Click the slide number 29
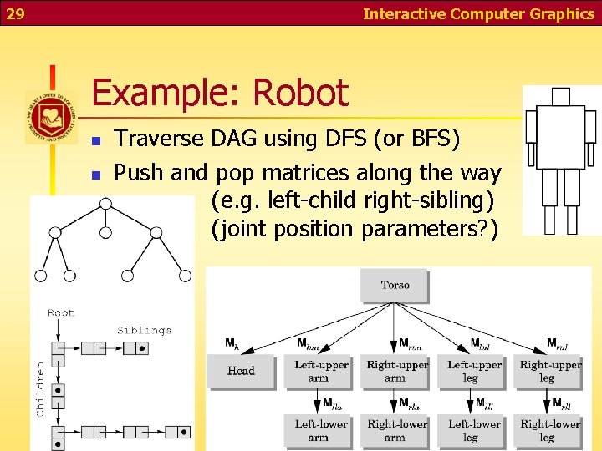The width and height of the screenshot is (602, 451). click(x=16, y=13)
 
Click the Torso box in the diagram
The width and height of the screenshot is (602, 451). click(x=395, y=286)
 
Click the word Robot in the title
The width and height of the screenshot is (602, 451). click(x=303, y=93)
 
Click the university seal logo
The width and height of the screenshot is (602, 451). click(x=51, y=117)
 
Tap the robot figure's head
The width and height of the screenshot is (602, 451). click(x=560, y=96)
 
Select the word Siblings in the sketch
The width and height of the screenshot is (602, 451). click(x=144, y=331)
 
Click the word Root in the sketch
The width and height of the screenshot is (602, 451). click(x=61, y=313)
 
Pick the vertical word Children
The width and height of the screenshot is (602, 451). click(x=42, y=388)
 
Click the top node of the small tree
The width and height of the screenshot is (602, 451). click(x=105, y=204)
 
